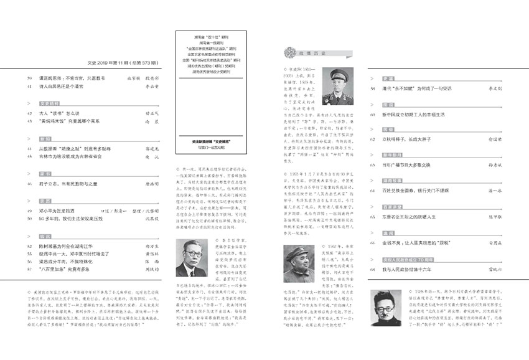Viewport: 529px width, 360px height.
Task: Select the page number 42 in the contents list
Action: click(x=29, y=113)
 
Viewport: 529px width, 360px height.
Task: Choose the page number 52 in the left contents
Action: click(x=29, y=246)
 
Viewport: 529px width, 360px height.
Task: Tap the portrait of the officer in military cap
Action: click(x=338, y=86)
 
